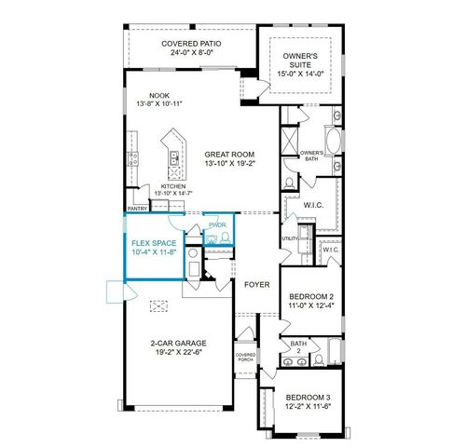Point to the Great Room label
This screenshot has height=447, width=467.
(222, 154)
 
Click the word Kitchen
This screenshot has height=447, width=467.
(174, 187)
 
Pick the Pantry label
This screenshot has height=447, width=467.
(138, 210)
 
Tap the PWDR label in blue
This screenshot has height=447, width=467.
(217, 225)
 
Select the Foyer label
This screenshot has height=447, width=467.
(256, 284)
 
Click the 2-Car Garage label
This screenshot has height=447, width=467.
(179, 343)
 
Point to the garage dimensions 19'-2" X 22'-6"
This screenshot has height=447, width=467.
(179, 352)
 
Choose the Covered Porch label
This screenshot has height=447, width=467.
(245, 357)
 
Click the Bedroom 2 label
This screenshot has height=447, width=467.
(306, 295)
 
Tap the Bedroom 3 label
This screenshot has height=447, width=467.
(307, 397)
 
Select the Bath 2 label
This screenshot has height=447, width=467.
(298, 346)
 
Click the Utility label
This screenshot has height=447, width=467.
(289, 238)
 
